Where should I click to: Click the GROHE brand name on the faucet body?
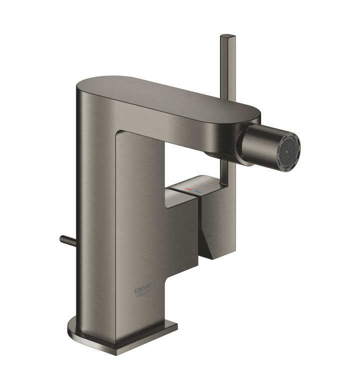click(143, 290)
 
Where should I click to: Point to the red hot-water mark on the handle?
click(188, 189)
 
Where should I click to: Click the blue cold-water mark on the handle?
click(198, 192)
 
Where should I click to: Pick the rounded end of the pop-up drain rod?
click(61, 238)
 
